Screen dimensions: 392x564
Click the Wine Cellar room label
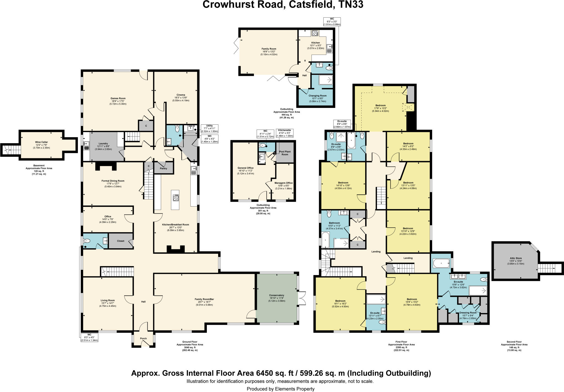click(x=41, y=142)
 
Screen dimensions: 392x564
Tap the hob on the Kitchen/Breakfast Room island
click(x=175, y=198)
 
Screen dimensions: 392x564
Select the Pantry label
click(x=164, y=168)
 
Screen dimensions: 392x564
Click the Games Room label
click(x=118, y=98)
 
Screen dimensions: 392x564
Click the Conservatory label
click(x=276, y=295)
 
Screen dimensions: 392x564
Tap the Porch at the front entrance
click(x=143, y=338)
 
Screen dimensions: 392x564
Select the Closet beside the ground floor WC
click(x=121, y=241)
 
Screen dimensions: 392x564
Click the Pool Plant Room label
click(x=285, y=153)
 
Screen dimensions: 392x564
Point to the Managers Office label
click(x=283, y=183)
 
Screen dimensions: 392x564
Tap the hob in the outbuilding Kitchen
click(x=315, y=34)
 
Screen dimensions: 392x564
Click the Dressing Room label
click(x=468, y=313)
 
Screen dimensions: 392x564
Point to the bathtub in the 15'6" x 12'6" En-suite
click(x=441, y=263)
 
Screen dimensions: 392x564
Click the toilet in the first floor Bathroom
click(x=329, y=214)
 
